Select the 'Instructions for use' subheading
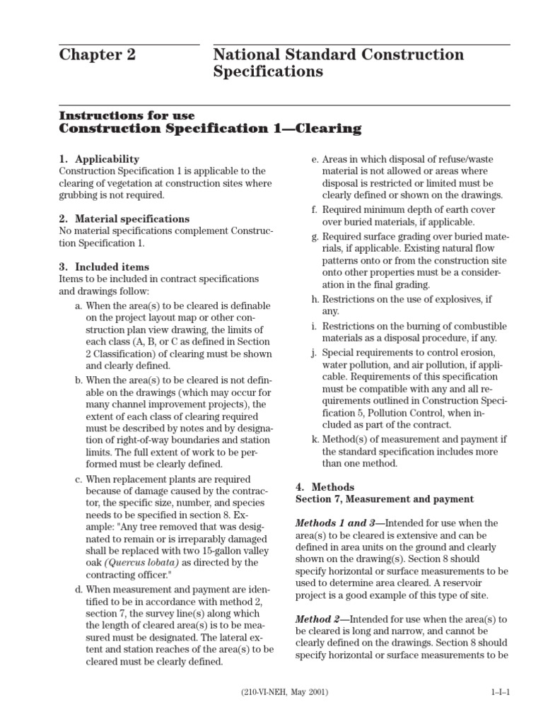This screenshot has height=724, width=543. [127, 115]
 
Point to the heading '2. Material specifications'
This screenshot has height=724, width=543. [124, 219]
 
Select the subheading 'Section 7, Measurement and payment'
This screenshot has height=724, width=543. [384, 499]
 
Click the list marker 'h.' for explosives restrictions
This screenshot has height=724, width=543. [315, 299]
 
